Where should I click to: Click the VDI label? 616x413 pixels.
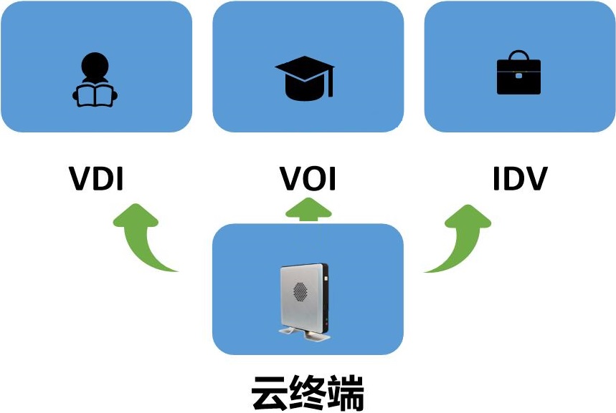[96, 179]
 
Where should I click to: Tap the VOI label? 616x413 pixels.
[308, 179]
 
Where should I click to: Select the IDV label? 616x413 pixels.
[520, 179]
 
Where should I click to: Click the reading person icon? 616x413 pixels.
[95, 79]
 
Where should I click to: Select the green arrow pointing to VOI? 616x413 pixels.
[308, 210]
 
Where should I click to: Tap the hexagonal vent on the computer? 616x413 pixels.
[300, 292]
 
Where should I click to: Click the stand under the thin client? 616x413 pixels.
[305, 334]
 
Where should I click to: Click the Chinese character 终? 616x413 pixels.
[308, 393]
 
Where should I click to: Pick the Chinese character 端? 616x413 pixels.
[346, 393]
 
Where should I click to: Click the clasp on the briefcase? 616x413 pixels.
[518, 75]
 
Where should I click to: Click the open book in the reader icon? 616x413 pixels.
[95, 95]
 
